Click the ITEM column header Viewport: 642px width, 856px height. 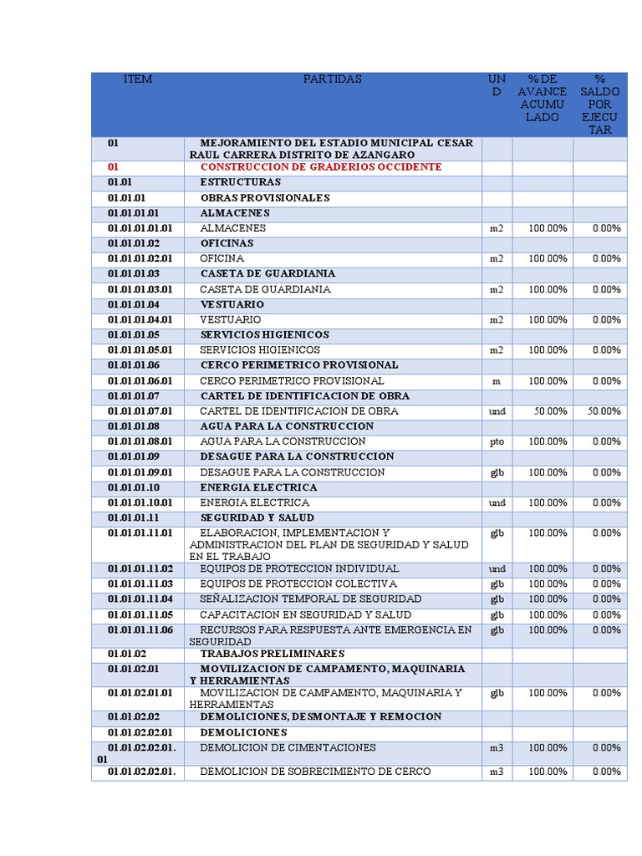click(x=138, y=79)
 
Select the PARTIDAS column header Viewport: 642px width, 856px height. click(x=333, y=79)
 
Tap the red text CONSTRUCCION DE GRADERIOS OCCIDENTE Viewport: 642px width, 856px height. click(x=321, y=167)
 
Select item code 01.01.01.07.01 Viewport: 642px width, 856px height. click(x=140, y=411)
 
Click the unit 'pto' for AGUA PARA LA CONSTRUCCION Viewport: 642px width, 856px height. click(x=497, y=441)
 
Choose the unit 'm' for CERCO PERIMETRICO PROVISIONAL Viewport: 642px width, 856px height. click(x=497, y=381)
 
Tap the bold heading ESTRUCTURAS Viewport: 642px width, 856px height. click(x=241, y=182)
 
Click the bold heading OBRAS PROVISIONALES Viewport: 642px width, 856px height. click(x=265, y=198)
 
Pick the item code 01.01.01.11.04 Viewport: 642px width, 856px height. click(x=140, y=599)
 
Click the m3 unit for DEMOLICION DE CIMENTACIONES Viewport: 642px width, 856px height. click(x=497, y=748)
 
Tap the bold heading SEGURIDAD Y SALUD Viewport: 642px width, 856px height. click(x=257, y=518)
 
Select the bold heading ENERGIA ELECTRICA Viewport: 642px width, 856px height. click(x=259, y=487)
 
